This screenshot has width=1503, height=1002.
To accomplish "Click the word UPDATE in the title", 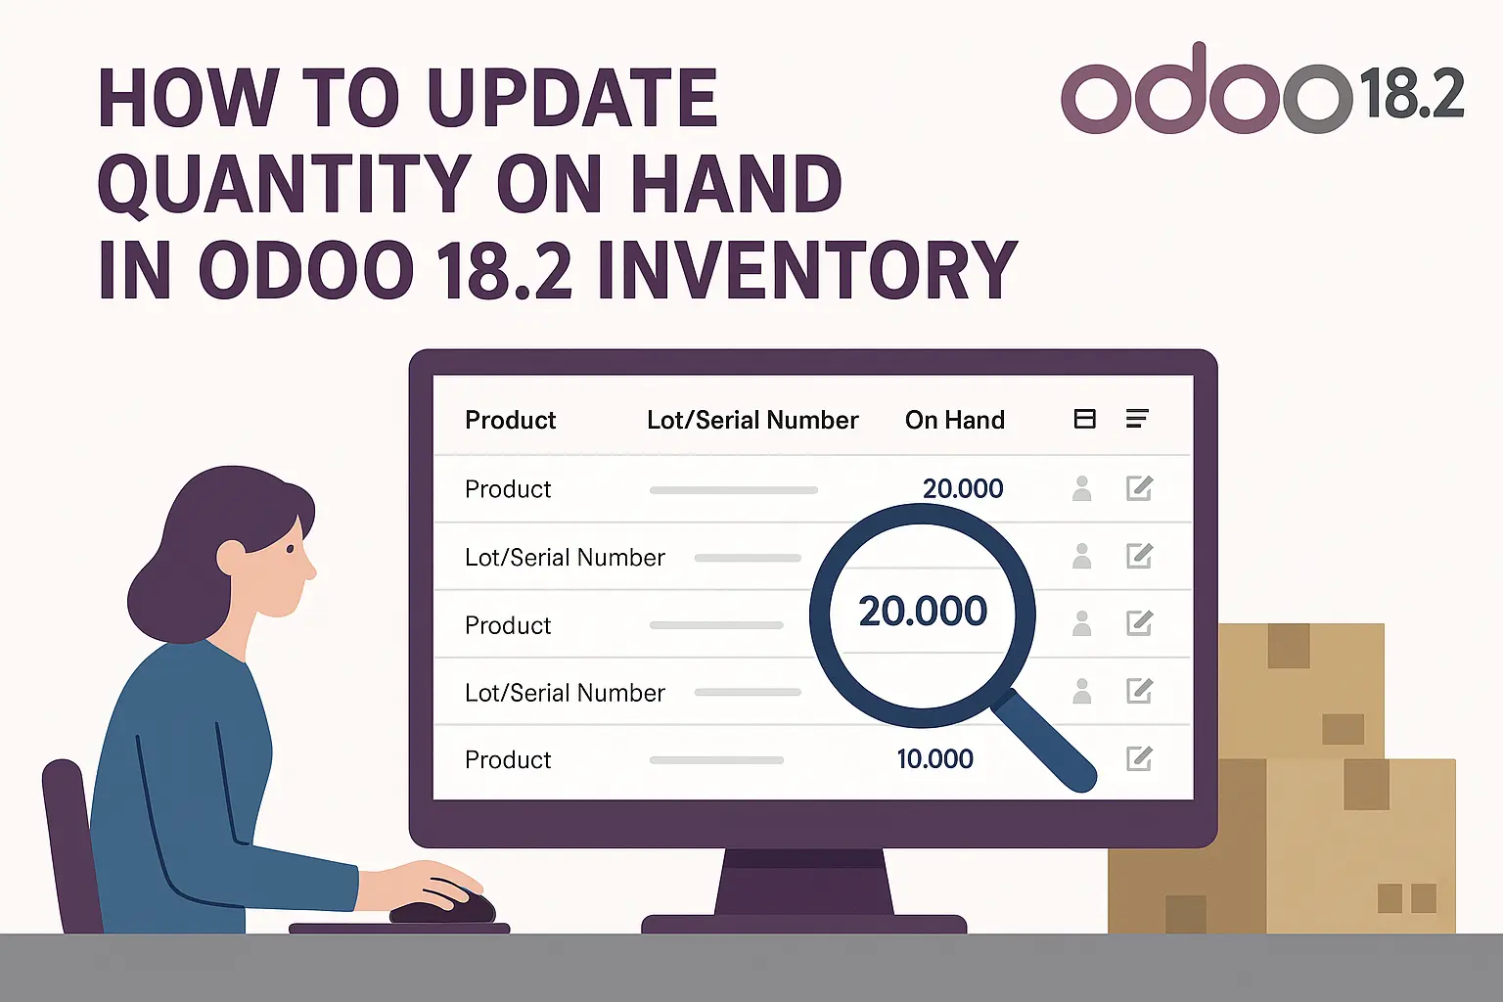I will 572,99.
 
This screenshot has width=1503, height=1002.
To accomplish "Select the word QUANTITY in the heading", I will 285,185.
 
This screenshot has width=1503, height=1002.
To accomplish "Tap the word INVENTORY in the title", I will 807,270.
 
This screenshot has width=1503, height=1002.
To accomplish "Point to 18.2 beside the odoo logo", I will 1411,95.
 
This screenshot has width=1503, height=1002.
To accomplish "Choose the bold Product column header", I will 510,421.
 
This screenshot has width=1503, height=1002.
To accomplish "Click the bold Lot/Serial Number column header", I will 751,421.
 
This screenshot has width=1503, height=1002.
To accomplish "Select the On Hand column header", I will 954,421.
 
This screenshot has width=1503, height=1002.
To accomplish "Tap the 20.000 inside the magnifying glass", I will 922,612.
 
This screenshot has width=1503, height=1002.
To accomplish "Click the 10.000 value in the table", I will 934,759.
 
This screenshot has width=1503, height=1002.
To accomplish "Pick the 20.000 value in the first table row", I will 963,488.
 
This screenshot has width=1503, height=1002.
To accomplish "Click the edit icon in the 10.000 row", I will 1139,758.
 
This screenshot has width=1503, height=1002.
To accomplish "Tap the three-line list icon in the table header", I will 1136,419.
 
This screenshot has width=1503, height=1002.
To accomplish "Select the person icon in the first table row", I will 1081,488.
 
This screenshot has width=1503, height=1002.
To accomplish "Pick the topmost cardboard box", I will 1301,690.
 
